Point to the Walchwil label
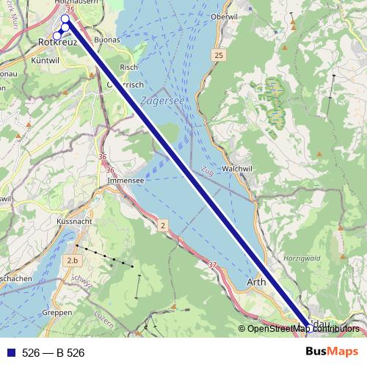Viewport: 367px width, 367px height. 236,168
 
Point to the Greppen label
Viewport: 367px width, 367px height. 57,312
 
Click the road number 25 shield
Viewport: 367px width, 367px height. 219,56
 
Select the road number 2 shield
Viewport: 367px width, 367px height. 162,226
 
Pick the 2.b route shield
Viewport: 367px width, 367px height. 72,261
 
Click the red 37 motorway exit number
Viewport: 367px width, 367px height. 213,265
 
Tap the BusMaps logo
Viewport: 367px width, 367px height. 333,352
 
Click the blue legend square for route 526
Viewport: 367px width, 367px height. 10,353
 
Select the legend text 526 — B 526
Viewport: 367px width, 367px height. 53,353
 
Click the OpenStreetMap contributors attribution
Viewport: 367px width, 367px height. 301,329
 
